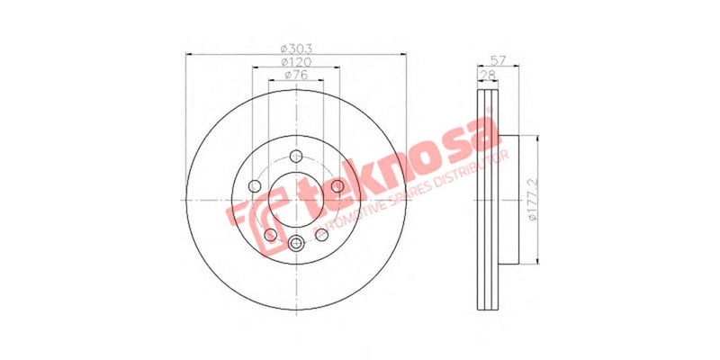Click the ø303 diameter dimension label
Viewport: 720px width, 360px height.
click(x=295, y=47)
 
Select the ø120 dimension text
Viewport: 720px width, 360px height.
click(x=295, y=61)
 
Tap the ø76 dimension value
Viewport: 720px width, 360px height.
click(x=295, y=76)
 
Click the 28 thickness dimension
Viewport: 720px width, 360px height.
click(x=490, y=75)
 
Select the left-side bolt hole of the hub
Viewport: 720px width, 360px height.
click(x=254, y=185)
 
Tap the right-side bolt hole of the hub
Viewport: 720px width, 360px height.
click(x=337, y=185)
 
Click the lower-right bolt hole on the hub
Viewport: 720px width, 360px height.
click(x=321, y=234)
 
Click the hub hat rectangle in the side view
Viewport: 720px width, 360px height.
click(x=508, y=200)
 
